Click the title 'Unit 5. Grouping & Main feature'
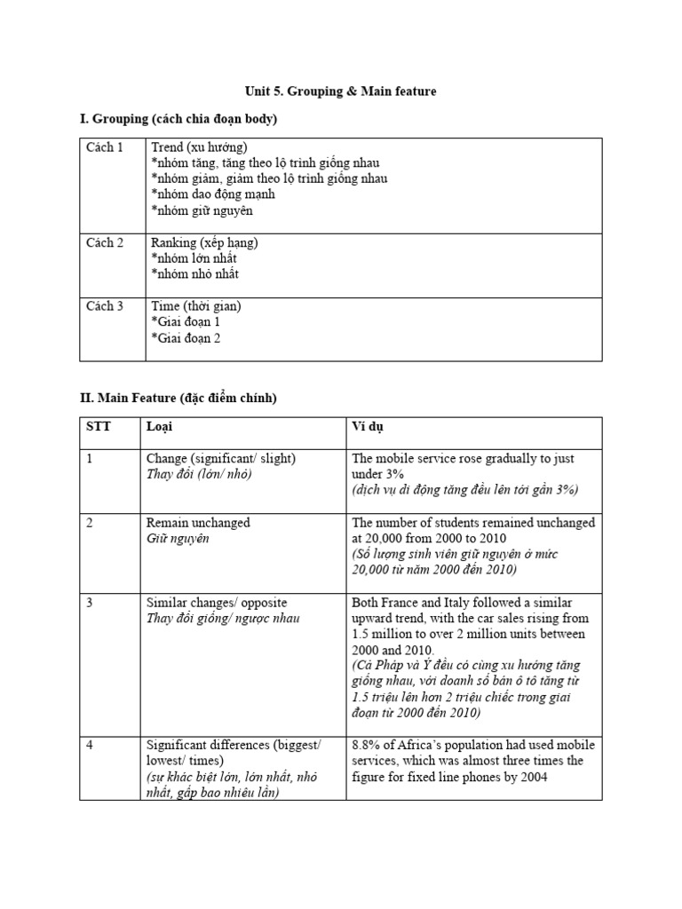[341, 91]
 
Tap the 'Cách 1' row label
[105, 147]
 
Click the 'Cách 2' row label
[105, 242]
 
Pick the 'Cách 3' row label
[105, 306]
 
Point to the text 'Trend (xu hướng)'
[199, 147]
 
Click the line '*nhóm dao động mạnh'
[213, 194]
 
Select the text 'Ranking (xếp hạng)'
[204, 242]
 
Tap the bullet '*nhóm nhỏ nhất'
[194, 274]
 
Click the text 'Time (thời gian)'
[195, 306]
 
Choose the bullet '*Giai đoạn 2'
[186, 338]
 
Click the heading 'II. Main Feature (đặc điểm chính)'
[178, 399]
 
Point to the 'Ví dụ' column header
[369, 427]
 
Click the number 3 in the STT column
[90, 603]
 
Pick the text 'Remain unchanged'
[198, 523]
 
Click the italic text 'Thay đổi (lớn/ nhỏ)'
[199, 475]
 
